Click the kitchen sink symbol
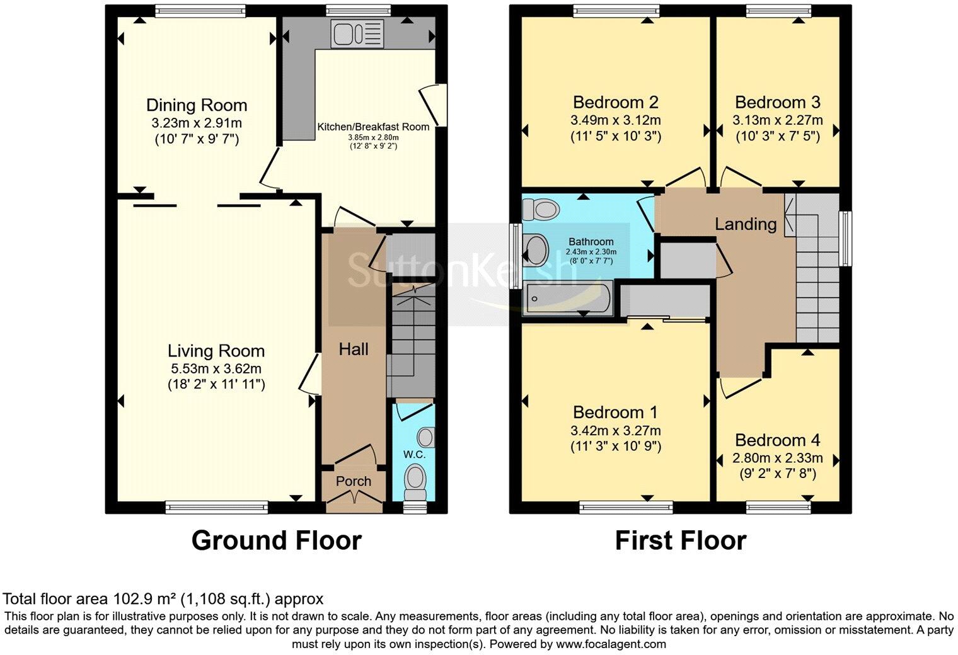(x=357, y=34)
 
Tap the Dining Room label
(x=197, y=105)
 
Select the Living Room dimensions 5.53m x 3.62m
(x=216, y=368)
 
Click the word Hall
(x=353, y=350)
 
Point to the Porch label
(x=353, y=481)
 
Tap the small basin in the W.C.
(x=426, y=437)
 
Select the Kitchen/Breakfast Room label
(x=373, y=127)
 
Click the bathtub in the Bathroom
(x=567, y=299)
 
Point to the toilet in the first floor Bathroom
(x=541, y=209)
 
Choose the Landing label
(x=746, y=224)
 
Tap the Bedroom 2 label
(x=615, y=103)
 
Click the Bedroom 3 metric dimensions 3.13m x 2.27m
(x=778, y=120)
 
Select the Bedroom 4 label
(x=778, y=440)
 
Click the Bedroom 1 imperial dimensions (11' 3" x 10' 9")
(x=615, y=446)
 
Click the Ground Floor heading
(x=276, y=540)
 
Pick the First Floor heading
(x=681, y=540)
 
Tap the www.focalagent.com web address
(x=611, y=644)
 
